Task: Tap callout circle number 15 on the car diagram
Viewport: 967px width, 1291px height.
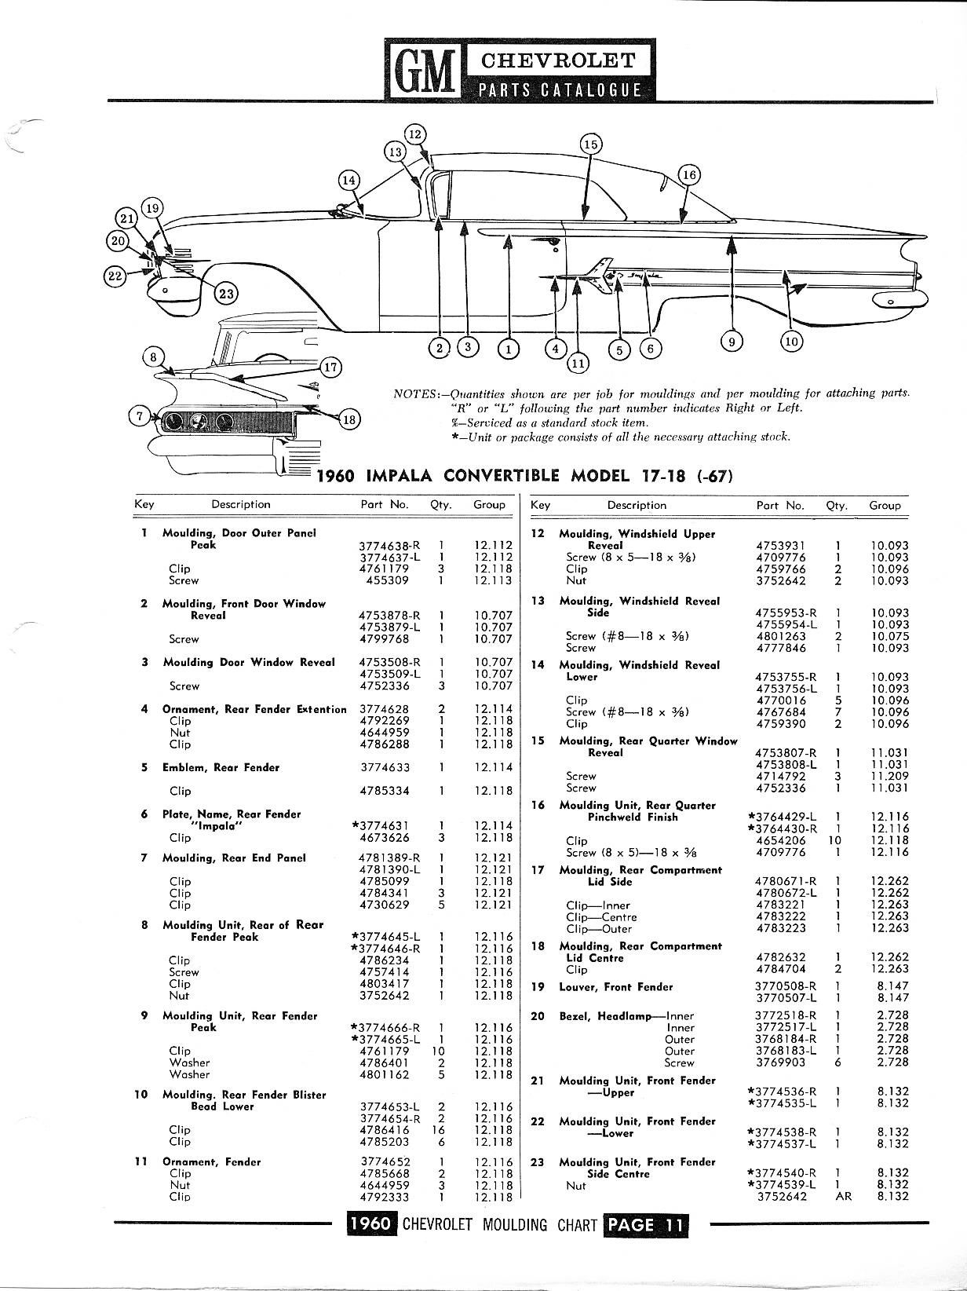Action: pos(590,144)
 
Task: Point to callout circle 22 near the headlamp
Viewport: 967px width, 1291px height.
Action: pos(115,275)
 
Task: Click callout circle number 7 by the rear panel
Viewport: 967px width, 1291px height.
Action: pos(139,417)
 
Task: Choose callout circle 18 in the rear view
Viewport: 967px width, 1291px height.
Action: pos(349,419)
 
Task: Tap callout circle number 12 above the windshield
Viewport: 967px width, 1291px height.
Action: pos(416,134)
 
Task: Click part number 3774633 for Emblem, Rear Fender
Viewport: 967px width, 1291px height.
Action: pos(385,767)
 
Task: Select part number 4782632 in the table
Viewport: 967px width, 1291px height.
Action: pos(779,957)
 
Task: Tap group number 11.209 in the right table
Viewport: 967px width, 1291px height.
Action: pos(889,776)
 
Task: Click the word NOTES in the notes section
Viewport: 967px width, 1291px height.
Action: pos(414,393)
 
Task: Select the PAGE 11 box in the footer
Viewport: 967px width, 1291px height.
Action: pos(646,1225)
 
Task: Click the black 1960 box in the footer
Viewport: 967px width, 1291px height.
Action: pos(371,1225)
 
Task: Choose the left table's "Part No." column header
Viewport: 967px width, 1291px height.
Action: pos(384,505)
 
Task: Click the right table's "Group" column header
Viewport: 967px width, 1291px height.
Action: pos(885,506)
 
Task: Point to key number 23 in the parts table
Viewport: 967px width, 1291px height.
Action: pos(538,1162)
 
